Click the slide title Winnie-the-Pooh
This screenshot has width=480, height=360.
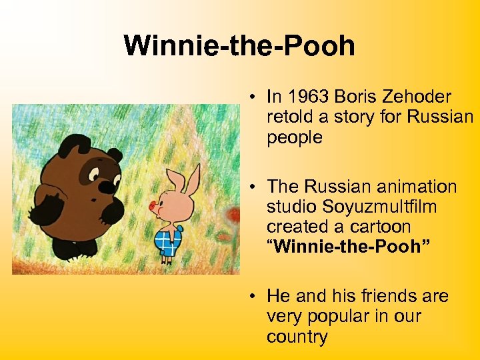click(239, 46)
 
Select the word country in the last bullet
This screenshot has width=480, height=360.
click(297, 337)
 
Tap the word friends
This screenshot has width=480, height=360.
click(380, 295)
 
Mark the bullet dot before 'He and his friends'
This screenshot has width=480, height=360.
click(255, 295)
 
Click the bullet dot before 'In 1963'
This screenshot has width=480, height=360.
click(255, 97)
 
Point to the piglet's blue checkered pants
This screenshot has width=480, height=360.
click(168, 242)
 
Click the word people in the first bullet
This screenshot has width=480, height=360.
click(295, 138)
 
